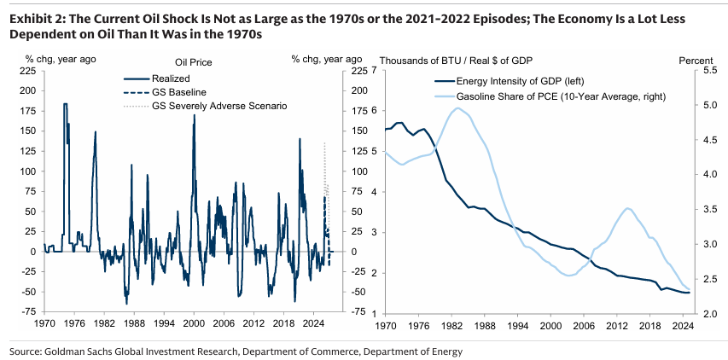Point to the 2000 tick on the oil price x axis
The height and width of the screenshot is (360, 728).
tap(194, 325)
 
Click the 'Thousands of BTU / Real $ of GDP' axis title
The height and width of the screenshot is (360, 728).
tap(457, 61)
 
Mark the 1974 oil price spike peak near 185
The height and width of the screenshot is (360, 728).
tap(65, 104)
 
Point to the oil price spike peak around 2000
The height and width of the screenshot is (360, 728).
tap(194, 114)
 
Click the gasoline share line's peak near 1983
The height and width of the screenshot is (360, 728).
tap(457, 107)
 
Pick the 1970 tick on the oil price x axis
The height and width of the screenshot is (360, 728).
tap(44, 325)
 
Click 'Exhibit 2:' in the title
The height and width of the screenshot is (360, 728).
tap(37, 18)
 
